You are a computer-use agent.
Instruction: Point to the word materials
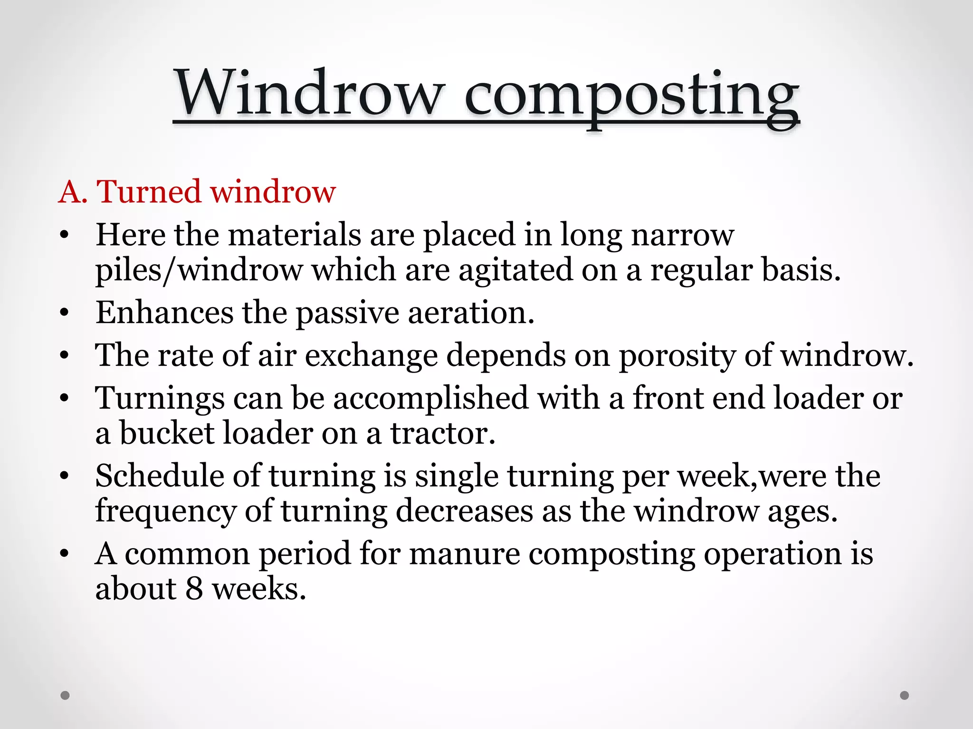[x=295, y=234]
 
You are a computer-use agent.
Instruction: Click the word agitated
[x=515, y=271]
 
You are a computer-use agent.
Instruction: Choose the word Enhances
[x=164, y=313]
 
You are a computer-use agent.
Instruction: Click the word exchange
[x=371, y=356]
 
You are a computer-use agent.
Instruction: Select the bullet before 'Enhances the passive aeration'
[x=65, y=313]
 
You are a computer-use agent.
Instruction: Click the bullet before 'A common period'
[x=65, y=554]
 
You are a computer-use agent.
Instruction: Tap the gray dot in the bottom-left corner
[x=66, y=695]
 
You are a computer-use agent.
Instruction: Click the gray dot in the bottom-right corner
[x=905, y=695]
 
